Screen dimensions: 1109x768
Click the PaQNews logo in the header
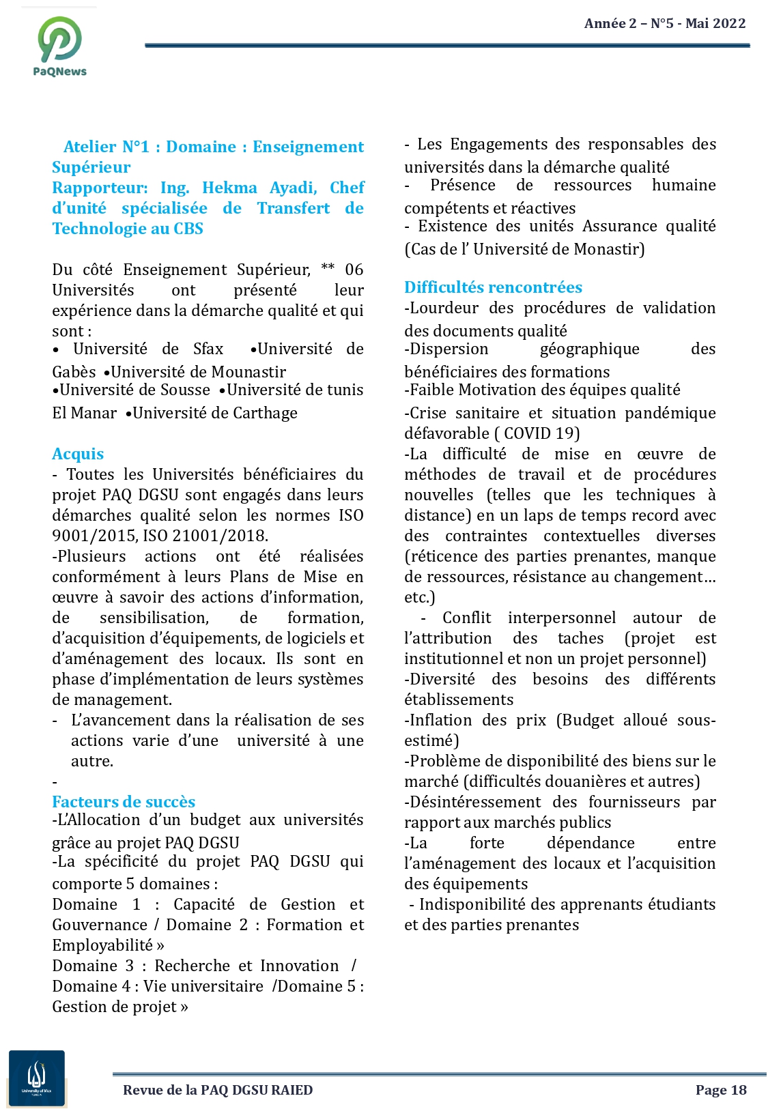(60, 45)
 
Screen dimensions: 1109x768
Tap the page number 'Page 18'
(721, 1090)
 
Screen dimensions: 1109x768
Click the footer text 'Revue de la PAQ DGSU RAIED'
(218, 1090)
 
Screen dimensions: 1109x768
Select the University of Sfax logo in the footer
(37, 1078)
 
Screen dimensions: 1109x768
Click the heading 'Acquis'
(78, 455)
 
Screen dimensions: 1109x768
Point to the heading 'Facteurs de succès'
(124, 802)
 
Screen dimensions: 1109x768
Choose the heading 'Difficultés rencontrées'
(493, 287)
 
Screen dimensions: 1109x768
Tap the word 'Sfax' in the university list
(208, 349)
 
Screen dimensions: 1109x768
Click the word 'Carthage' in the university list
(266, 413)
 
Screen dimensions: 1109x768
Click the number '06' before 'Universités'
(354, 270)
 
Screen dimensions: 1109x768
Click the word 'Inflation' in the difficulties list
(440, 720)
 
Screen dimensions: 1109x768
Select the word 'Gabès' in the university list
(74, 372)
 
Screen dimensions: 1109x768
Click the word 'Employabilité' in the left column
(102, 945)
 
